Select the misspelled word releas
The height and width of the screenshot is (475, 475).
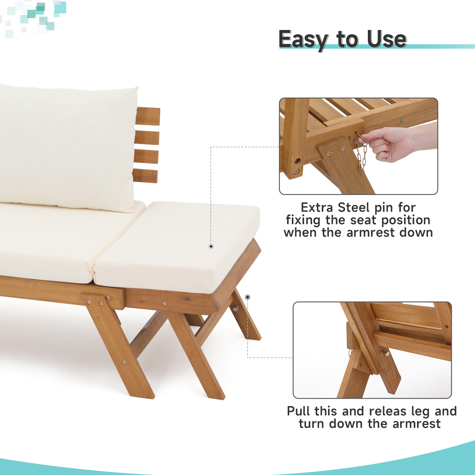[x=387, y=411]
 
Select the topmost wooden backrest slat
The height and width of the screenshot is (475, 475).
[x=148, y=116]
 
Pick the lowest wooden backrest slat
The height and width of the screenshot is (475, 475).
[x=145, y=176]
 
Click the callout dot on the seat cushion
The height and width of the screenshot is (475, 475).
[x=211, y=246]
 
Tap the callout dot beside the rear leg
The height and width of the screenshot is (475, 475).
[x=248, y=297]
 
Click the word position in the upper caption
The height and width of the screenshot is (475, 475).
[x=406, y=220]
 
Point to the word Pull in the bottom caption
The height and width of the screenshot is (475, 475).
[x=299, y=411]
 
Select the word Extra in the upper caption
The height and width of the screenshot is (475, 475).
[x=317, y=208]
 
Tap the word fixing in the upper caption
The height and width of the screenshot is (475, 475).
[x=303, y=220]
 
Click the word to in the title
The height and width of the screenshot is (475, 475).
[x=348, y=39]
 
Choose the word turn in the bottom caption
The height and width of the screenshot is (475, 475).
[x=311, y=424]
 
